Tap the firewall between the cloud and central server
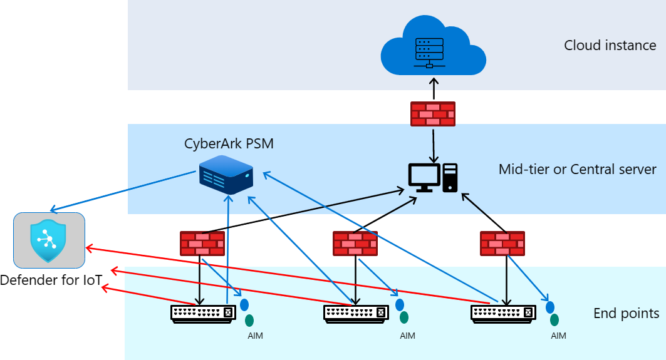tap(433, 114)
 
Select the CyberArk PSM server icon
tap(226, 175)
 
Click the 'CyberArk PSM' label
tap(229, 143)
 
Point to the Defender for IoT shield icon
tap(48, 240)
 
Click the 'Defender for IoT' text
tap(51, 280)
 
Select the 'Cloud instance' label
tap(610, 46)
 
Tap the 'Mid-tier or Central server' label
tap(577, 170)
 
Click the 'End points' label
tap(626, 313)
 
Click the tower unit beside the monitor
tap(450, 177)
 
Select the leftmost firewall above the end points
tap(202, 244)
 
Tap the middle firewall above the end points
tap(355, 244)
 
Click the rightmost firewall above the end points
tap(502, 244)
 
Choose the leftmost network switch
tap(203, 314)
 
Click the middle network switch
tap(356, 314)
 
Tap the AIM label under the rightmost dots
tap(558, 336)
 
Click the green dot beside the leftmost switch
tap(249, 320)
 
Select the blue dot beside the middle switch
tap(400, 304)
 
